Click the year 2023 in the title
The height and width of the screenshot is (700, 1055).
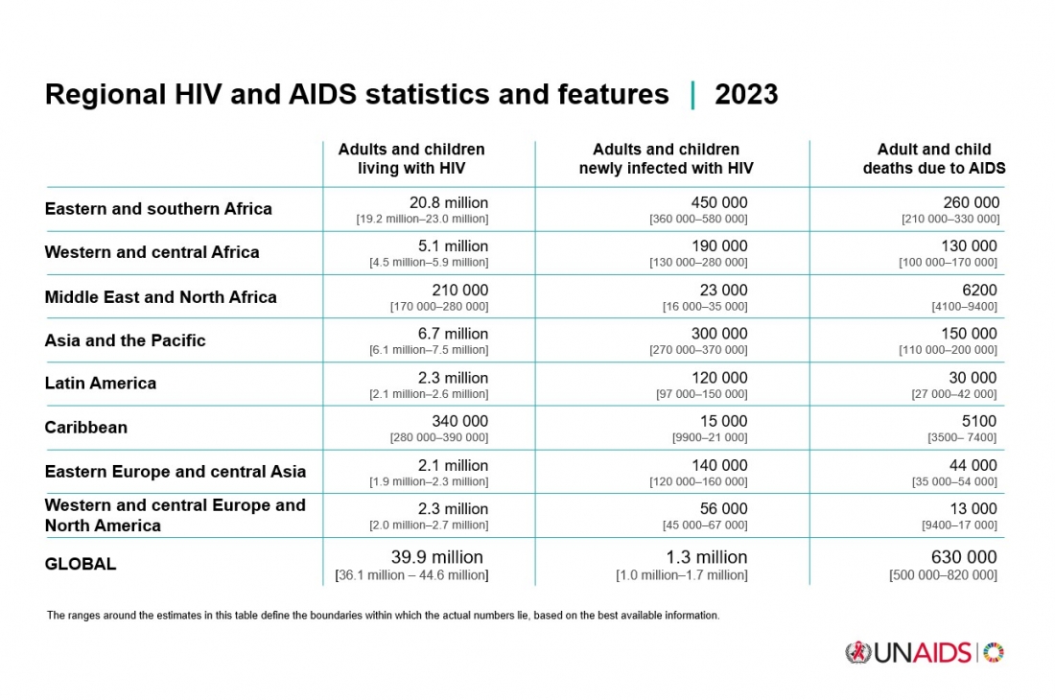coord(746,95)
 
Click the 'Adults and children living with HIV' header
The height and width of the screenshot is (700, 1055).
coord(411,159)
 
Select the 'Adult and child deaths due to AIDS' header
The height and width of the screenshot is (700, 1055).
coord(933,159)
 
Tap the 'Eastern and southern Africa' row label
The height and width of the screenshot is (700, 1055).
coord(158,209)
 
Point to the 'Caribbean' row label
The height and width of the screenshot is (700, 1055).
coord(86,428)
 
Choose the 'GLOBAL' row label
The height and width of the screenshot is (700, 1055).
coord(81,564)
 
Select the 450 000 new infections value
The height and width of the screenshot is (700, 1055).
coord(718,203)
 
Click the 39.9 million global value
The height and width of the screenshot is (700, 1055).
coord(436,557)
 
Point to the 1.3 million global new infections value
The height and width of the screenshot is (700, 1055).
coord(706,557)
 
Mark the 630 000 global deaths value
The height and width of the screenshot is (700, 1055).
coord(964,557)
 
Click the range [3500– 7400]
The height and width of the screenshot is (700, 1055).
coord(962,437)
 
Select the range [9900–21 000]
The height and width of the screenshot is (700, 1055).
coord(710,437)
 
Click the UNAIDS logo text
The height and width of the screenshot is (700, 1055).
coord(922,653)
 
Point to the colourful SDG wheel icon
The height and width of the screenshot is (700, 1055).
coord(995,653)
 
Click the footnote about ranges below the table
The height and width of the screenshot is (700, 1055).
coord(383,616)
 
